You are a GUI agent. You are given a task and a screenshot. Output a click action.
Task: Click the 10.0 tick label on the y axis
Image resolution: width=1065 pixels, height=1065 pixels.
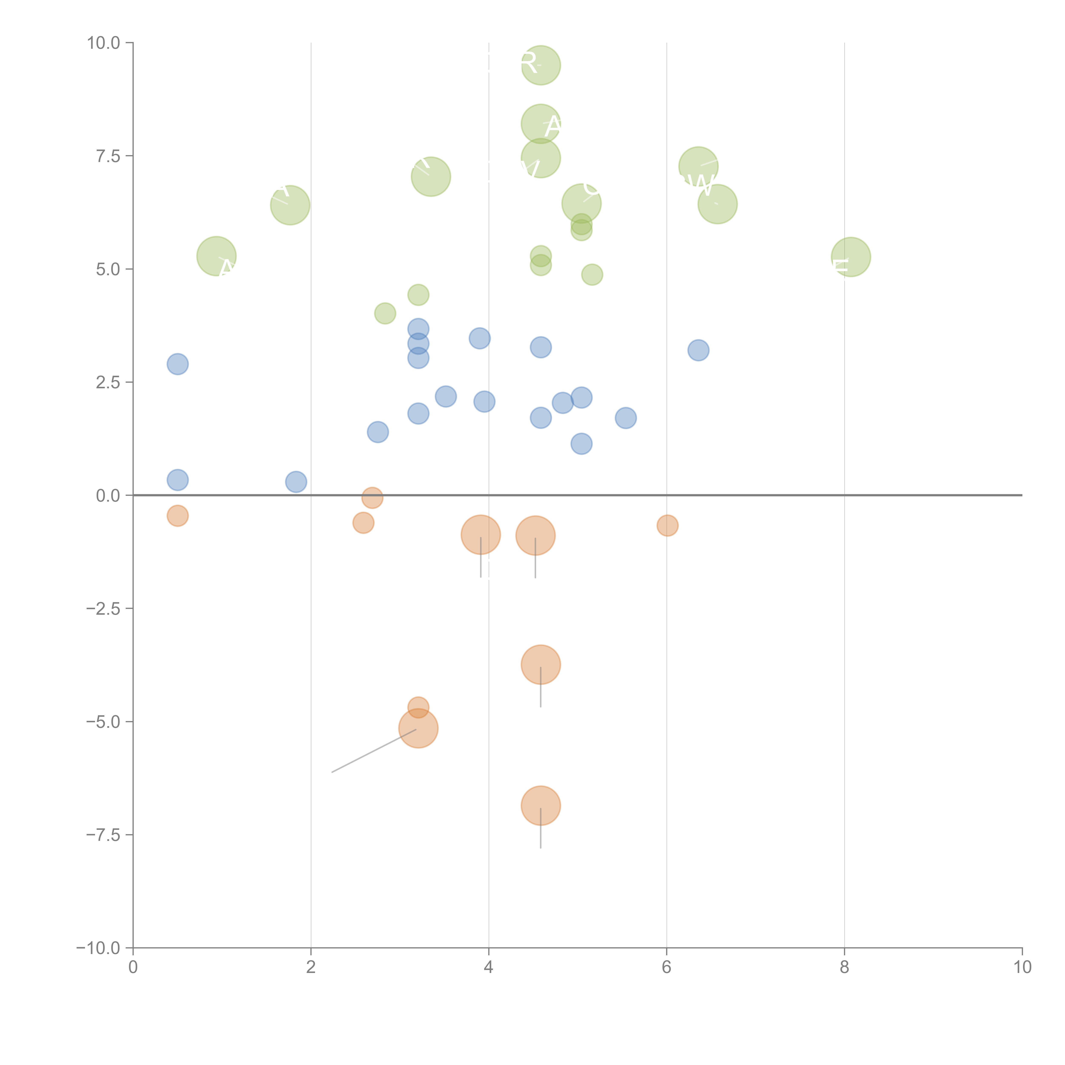click(104, 43)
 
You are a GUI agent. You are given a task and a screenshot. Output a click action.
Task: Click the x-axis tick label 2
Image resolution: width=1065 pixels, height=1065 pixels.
click(311, 967)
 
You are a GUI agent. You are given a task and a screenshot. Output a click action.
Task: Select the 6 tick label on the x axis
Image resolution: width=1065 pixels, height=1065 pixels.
click(666, 967)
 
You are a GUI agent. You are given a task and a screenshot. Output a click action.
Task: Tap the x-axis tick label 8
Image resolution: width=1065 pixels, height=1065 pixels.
click(845, 967)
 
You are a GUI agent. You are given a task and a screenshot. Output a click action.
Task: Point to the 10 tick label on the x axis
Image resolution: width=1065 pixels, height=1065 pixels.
click(1022, 967)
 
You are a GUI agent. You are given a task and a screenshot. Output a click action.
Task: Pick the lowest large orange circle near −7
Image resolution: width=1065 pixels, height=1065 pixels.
click(541, 805)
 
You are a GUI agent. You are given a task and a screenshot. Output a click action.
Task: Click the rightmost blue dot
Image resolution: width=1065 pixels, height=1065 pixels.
click(698, 350)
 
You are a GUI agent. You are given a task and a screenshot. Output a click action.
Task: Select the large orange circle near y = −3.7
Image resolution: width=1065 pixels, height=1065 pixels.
click(541, 664)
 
